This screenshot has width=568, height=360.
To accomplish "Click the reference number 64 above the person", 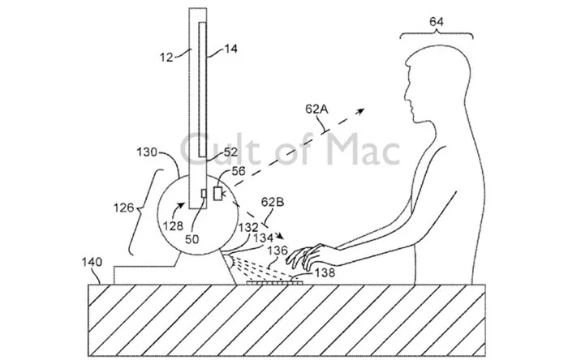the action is point(437,22).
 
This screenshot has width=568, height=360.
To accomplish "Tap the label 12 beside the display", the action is point(166,58).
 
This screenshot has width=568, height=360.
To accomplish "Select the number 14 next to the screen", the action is point(230,49).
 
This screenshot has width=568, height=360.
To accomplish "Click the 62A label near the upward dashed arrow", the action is point(316,109).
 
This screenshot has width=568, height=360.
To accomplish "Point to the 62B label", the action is point(273,202).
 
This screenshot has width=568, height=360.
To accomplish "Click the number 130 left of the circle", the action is point(147,152).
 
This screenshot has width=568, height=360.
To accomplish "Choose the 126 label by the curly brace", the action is point(123,208).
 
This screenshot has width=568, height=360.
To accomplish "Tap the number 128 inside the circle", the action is point(173,226).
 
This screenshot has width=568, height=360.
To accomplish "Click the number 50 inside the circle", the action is point(192,239).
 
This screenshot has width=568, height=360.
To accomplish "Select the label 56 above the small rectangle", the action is point(239,171).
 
